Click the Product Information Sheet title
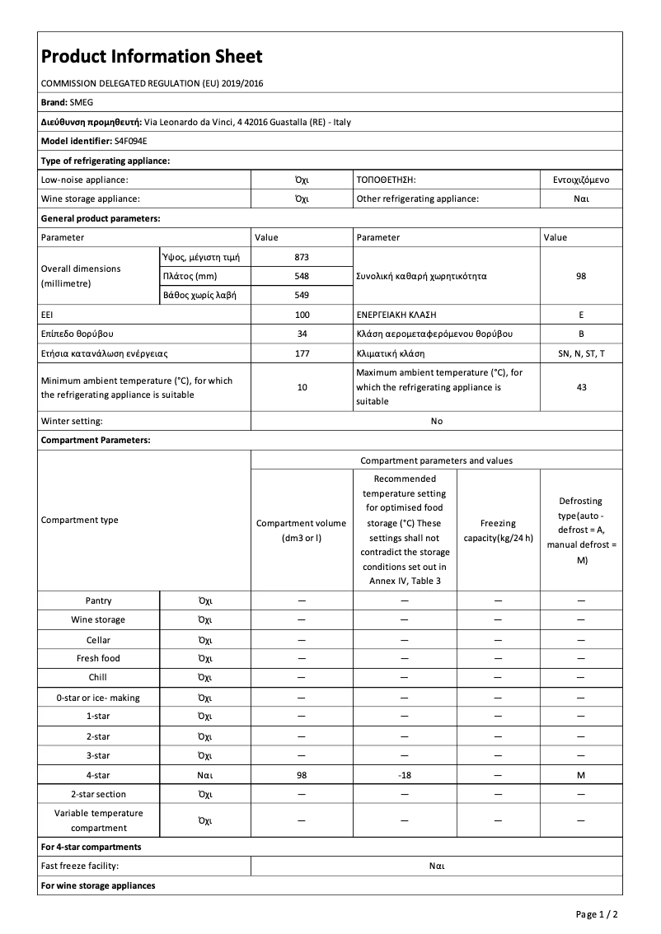[x=152, y=56]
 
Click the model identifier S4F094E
[x=131, y=141]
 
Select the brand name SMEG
[x=83, y=102]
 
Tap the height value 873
[x=302, y=257]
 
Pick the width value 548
[x=302, y=276]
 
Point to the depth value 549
[x=302, y=295]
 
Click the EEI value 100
[x=302, y=315]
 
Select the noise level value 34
[x=302, y=334]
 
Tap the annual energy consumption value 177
[x=302, y=353]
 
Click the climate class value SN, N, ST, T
[x=581, y=353]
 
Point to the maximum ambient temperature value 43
[x=581, y=387]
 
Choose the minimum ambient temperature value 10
[x=302, y=387]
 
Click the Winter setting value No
[x=436, y=421]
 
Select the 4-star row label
[x=98, y=775]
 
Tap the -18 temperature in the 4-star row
[x=404, y=775]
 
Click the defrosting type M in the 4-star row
[x=581, y=775]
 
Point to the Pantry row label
[x=98, y=600]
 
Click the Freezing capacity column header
[x=498, y=530]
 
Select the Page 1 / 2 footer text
[x=597, y=914]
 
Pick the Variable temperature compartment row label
[x=98, y=820]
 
